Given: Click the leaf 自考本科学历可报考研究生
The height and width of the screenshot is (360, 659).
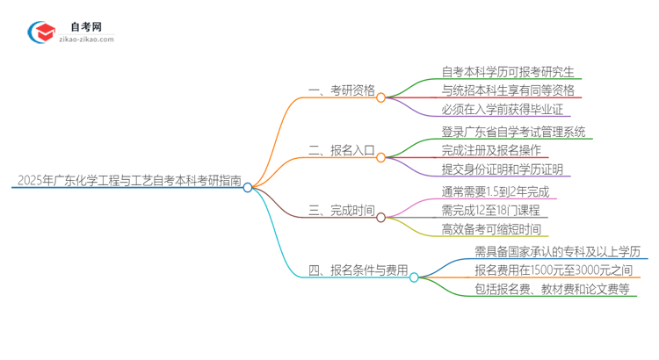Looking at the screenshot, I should click(x=502, y=72).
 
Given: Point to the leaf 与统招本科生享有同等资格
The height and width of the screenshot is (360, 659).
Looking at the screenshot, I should click(x=508, y=90).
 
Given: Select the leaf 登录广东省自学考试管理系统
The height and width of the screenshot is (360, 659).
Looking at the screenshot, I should click(x=514, y=132).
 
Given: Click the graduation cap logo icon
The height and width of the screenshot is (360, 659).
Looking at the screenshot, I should click(x=42, y=32).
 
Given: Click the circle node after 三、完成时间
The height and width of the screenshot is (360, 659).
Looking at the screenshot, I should click(x=381, y=216).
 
